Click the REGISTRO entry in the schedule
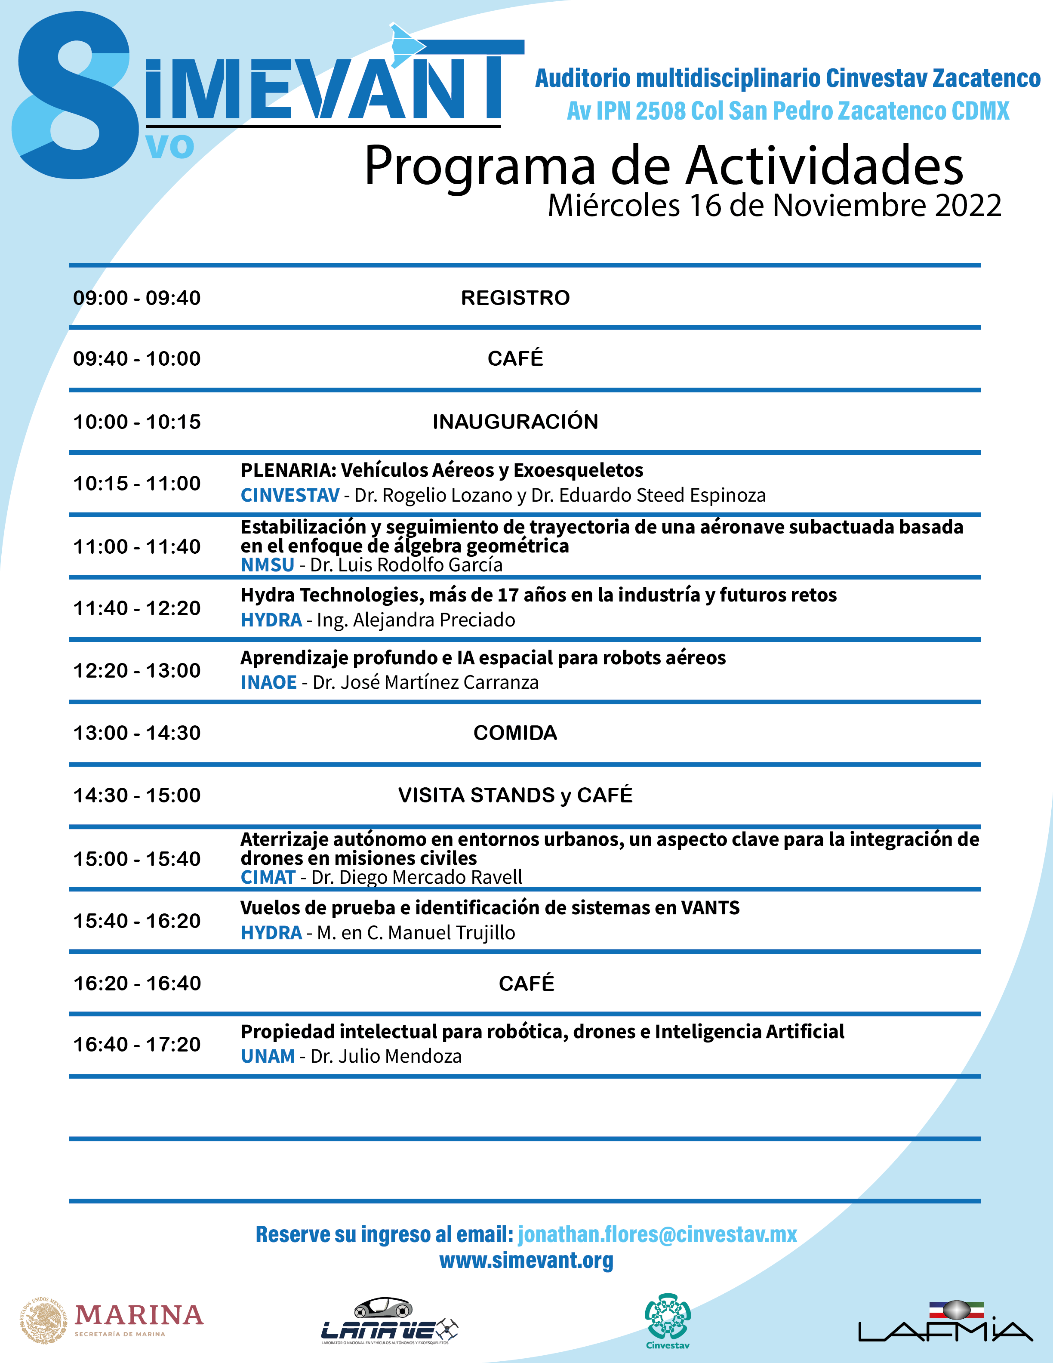click(x=515, y=298)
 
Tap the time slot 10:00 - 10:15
click(x=137, y=422)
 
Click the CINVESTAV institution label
click(x=290, y=495)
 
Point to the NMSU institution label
click(x=267, y=565)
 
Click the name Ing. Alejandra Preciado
click(x=416, y=620)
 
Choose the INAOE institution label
click(x=268, y=682)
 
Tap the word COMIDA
click(x=515, y=733)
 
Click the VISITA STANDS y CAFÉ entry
click(x=515, y=795)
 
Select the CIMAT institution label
click(x=268, y=877)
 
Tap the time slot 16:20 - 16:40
click(x=137, y=983)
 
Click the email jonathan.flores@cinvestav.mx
click(x=658, y=1234)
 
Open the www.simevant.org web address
click(x=526, y=1260)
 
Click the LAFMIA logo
click(x=945, y=1322)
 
